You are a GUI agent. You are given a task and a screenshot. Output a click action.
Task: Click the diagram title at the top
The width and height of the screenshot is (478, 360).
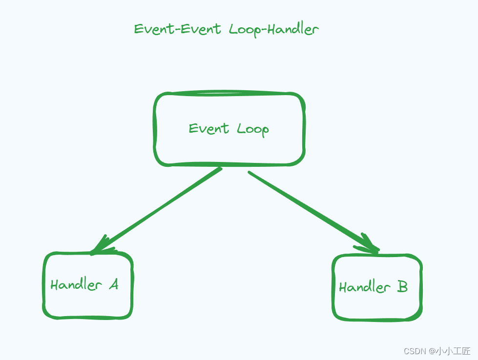[227, 29]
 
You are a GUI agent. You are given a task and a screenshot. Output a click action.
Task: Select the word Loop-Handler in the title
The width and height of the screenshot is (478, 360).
[273, 30]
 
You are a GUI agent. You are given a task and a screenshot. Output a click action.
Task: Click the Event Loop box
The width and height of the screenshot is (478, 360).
[229, 146]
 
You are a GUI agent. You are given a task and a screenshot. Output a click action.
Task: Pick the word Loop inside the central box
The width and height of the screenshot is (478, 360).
[253, 129]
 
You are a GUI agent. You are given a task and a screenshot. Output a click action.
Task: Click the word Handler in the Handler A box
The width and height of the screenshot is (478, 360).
[76, 284]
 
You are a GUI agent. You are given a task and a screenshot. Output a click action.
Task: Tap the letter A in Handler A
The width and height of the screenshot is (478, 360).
[113, 284]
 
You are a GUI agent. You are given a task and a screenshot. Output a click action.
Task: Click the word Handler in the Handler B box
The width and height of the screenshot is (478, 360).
[365, 287]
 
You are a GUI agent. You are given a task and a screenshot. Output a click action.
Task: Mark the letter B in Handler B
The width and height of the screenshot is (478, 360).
[402, 286]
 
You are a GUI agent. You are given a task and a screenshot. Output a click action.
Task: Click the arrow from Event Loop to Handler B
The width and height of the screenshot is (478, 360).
[312, 211]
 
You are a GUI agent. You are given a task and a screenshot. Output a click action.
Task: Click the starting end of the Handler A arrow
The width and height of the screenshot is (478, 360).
[220, 169]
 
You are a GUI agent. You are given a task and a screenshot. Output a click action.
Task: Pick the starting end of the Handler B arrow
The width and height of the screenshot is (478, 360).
[250, 173]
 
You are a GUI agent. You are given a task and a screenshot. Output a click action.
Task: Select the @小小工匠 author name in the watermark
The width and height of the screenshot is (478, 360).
[449, 351]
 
